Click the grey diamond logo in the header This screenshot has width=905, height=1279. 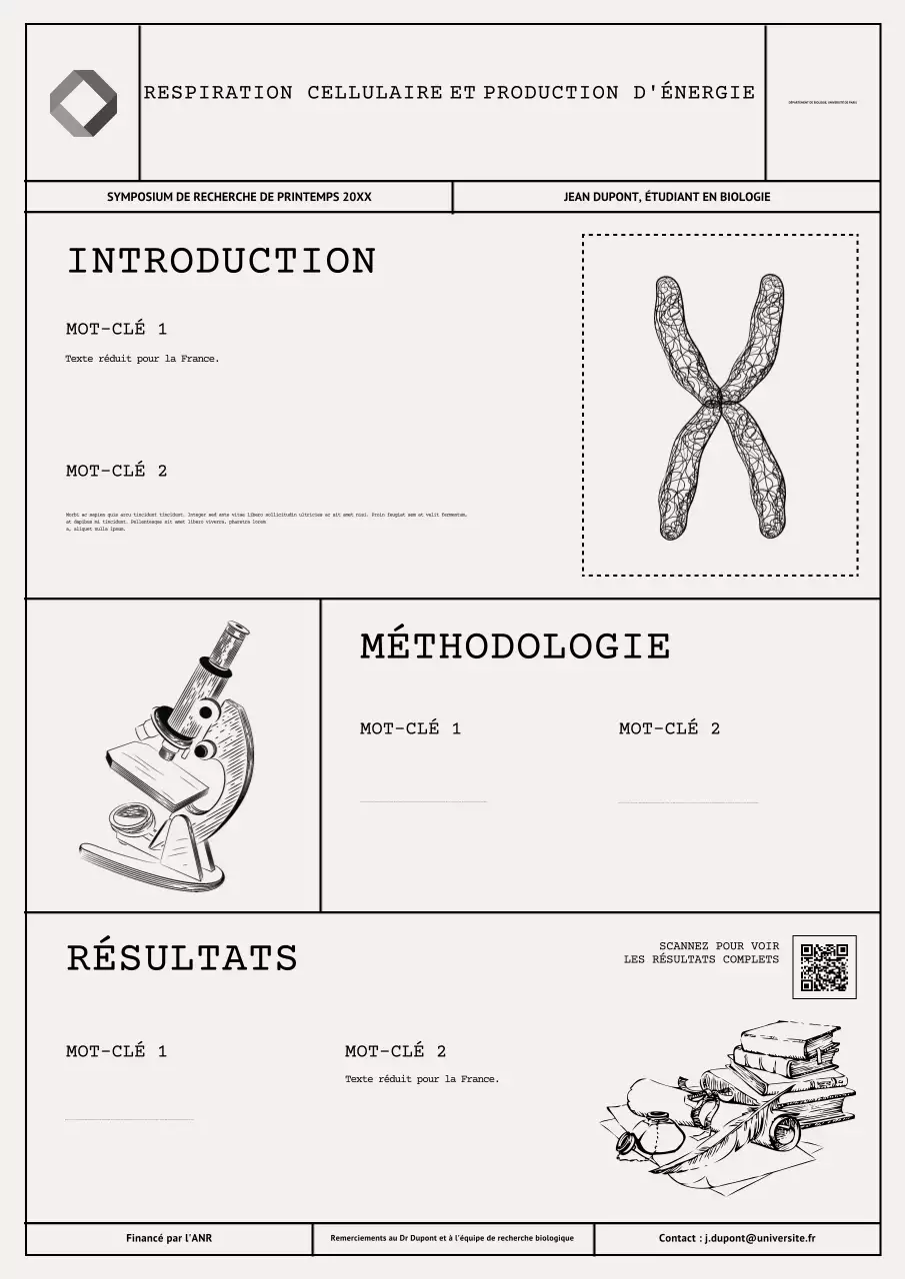83,103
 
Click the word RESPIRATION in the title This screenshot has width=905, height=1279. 218,93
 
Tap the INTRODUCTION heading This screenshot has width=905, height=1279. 221,262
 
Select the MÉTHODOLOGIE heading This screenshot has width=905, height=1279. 514,646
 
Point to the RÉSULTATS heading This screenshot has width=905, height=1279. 182,958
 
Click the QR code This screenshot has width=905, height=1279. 824,966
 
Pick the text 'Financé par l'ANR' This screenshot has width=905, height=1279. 169,1239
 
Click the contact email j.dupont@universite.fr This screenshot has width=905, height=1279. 760,1239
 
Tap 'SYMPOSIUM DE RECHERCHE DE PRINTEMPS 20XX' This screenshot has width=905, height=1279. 239,198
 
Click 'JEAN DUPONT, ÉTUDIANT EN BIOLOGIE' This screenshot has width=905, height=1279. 667,198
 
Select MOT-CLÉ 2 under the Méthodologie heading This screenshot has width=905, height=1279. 669,728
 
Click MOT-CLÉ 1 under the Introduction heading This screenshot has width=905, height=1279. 116,329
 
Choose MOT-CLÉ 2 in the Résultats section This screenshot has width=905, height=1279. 395,1051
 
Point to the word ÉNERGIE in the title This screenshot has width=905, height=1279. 708,93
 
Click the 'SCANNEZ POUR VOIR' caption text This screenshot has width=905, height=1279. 719,945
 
